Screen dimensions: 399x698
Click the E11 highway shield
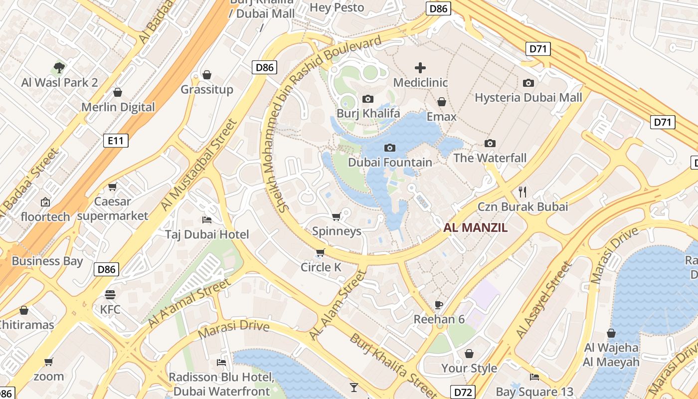(116, 141)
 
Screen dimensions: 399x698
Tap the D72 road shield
(463, 392)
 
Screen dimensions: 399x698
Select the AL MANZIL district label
(476, 228)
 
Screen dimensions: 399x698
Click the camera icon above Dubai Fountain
(390, 148)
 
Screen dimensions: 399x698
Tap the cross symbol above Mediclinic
(420, 68)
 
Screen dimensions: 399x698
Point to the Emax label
(441, 116)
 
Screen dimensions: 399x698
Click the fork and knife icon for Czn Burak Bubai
(523, 191)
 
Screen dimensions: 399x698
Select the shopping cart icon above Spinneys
(337, 216)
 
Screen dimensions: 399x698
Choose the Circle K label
(321, 267)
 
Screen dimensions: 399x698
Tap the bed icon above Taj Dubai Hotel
(207, 219)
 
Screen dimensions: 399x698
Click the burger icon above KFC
(110, 294)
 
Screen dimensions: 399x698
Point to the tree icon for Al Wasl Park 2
(59, 67)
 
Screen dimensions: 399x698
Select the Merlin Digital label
(118, 107)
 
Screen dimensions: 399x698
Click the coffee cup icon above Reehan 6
(439, 304)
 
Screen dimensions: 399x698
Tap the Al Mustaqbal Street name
(198, 165)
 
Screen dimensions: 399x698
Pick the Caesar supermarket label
(113, 208)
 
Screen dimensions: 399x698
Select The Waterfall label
(490, 158)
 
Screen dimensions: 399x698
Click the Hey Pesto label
(337, 7)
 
